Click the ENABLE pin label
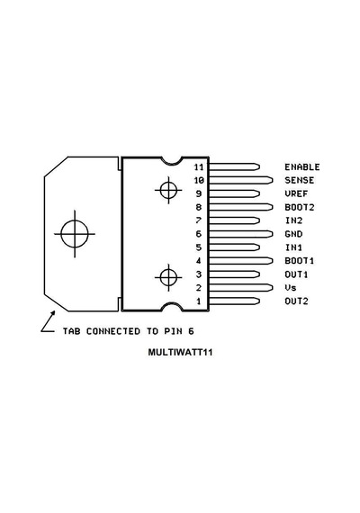302,166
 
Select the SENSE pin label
299,180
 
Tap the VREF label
296,193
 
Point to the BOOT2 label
299,207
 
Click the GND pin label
293,234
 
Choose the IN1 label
293,247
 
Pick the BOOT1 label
299,261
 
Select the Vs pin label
291,288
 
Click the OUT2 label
296,301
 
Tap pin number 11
199,166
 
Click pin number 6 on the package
199,234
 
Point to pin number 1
199,301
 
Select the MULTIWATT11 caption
180,353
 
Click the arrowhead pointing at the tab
53,313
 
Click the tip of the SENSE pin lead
273,180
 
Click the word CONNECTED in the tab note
113,331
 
